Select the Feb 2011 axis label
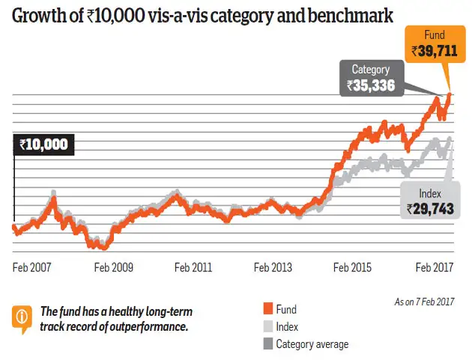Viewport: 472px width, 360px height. pyautogui.click(x=193, y=267)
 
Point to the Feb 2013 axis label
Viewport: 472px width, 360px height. pyautogui.click(x=273, y=267)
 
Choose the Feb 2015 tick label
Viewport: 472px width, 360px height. pyautogui.click(x=352, y=267)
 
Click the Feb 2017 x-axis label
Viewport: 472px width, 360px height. pyautogui.click(x=435, y=267)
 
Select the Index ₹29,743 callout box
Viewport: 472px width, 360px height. pyautogui.click(x=430, y=201)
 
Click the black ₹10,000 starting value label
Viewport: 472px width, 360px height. pyautogui.click(x=43, y=145)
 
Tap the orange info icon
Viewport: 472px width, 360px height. pyautogui.click(x=22, y=317)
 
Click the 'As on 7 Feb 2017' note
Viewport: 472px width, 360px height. pyautogui.click(x=423, y=302)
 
